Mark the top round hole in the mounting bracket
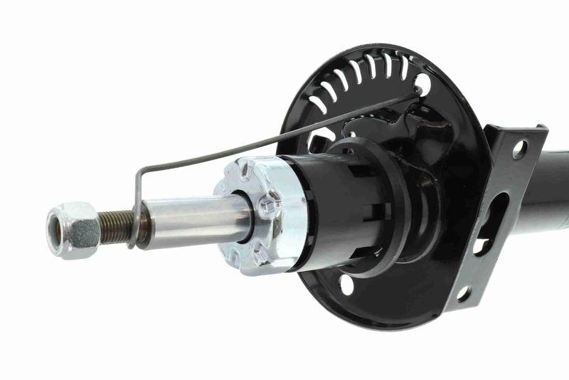[x=520, y=149]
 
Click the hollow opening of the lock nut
[x=53, y=232]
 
